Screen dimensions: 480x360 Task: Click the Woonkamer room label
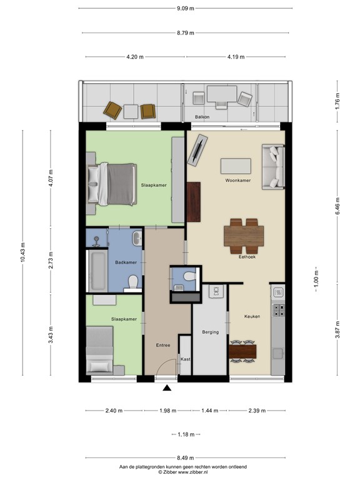(237, 181)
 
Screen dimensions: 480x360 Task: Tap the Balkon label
(201, 117)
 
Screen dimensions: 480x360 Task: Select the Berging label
(210, 332)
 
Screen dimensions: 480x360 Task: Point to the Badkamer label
(126, 262)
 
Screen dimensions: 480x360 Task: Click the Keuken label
(252, 316)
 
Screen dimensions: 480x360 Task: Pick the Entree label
(162, 344)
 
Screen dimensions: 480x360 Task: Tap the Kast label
(185, 359)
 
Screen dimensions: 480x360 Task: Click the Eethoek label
(248, 257)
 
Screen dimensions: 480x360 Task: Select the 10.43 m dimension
(23, 253)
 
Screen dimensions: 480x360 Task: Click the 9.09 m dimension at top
(186, 8)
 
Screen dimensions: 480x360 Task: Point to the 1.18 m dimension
(185, 434)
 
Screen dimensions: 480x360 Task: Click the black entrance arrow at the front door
(167, 389)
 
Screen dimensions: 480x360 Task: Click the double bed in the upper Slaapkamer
(114, 184)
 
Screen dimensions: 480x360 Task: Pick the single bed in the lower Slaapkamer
(100, 353)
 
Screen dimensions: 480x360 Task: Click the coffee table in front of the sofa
(236, 166)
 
